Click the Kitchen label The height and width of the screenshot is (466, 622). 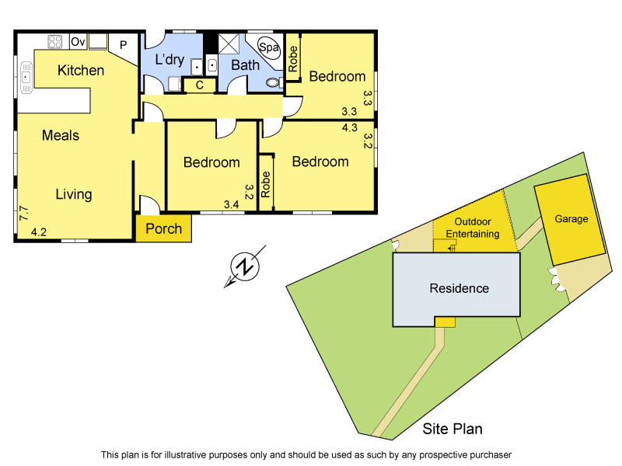tap(81, 71)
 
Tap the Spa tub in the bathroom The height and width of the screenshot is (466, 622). tap(269, 47)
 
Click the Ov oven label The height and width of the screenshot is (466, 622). tap(78, 41)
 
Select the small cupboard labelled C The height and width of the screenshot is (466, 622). tap(199, 85)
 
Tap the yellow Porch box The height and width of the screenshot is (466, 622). tap(163, 228)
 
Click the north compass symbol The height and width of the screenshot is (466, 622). tap(246, 267)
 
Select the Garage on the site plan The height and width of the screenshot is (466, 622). tap(571, 219)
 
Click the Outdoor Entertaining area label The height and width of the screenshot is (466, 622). tap(473, 228)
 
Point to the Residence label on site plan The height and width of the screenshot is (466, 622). tap(460, 288)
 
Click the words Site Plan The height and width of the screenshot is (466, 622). tap(453, 428)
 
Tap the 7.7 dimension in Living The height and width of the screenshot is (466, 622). tap(23, 213)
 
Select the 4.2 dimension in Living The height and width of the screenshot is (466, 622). tap(39, 231)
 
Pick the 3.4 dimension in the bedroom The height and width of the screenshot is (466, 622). tap(231, 204)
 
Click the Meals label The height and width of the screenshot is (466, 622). tap(61, 135)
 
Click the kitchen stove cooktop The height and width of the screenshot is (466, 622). tap(55, 41)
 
